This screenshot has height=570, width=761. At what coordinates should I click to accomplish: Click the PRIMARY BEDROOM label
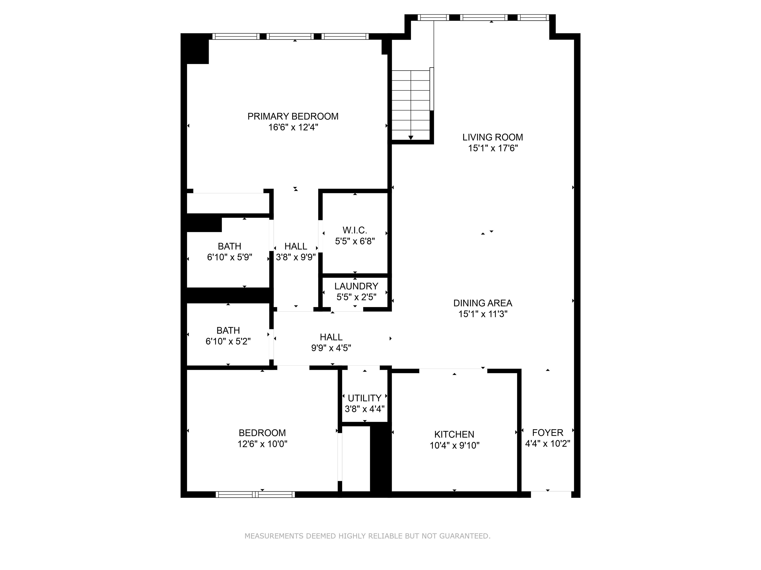[293, 117]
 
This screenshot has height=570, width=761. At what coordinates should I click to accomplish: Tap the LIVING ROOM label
[493, 138]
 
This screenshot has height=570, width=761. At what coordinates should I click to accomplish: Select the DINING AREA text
[483, 303]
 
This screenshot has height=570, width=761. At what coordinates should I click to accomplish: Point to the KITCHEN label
[454, 434]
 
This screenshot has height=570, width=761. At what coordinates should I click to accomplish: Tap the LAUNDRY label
[356, 286]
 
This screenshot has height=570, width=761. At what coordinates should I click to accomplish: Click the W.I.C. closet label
[355, 230]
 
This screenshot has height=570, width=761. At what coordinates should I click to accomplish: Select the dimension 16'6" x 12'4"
[293, 127]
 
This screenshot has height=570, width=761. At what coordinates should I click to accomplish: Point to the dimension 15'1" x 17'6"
[493, 148]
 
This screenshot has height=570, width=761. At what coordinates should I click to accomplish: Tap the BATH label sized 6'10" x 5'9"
[229, 246]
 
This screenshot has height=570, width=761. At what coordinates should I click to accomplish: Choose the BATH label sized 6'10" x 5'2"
[228, 331]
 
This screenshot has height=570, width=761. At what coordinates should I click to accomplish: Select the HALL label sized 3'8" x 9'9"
[296, 246]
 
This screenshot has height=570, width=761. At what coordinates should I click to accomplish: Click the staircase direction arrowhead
[411, 138]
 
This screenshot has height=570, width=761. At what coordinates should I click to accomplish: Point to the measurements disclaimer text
[367, 536]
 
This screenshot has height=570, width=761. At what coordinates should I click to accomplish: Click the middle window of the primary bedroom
[290, 36]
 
